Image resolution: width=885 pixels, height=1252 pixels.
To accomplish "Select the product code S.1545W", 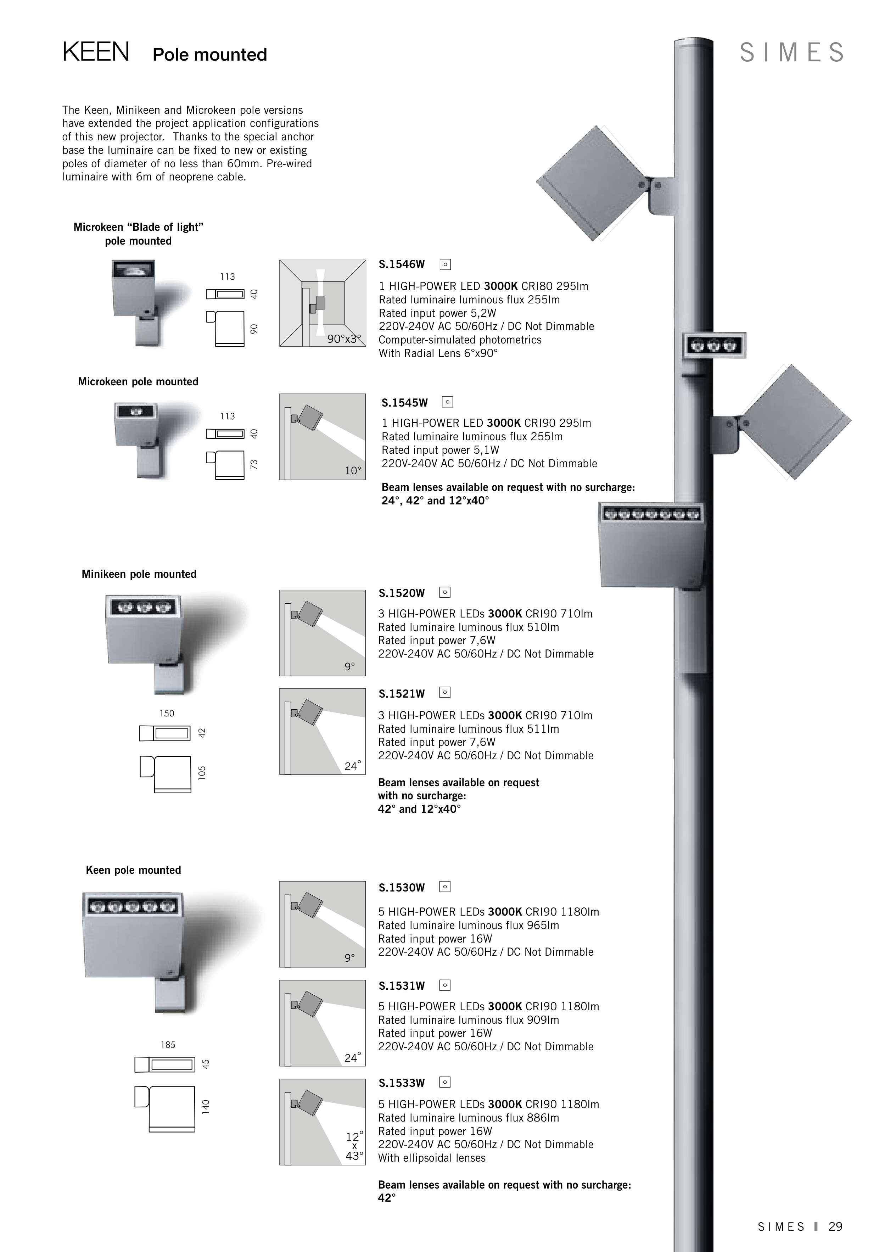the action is pos(405,403).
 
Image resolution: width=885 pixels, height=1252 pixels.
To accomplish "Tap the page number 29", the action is pos(835,1226).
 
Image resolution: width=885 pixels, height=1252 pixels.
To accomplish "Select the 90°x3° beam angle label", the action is pos(344,339).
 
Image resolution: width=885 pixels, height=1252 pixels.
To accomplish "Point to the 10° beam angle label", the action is pos(353,471).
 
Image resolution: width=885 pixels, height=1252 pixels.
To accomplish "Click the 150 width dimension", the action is pos(167,713).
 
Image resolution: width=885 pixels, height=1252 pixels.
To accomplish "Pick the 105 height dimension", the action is pos(202,773).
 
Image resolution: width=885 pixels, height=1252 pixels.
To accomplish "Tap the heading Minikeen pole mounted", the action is pos(139,574).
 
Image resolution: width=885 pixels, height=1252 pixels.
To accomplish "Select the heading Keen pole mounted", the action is pos(134,870).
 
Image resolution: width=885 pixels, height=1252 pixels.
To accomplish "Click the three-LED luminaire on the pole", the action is pos(714,345).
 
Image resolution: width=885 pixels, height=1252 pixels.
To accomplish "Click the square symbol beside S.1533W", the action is pos(445,1083).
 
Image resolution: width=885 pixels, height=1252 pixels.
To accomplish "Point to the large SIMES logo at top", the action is pos(792,52).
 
